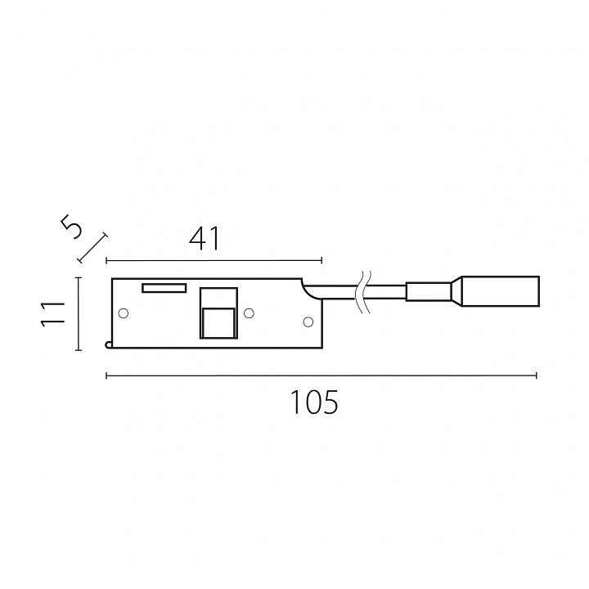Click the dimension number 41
point(204,239)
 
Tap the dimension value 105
point(314,402)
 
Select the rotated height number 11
point(53,313)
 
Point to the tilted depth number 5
point(71,227)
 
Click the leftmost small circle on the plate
point(124,312)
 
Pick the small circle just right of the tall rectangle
point(249,312)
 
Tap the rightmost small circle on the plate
point(308,321)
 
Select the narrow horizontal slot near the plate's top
point(164,288)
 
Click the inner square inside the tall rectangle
point(218,322)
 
